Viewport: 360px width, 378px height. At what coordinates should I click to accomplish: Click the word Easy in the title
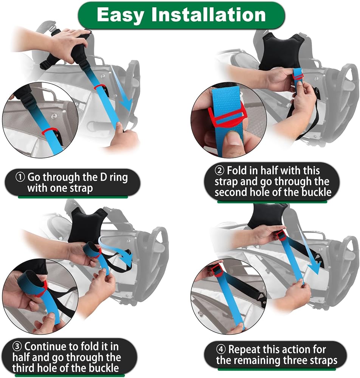coord(120,15)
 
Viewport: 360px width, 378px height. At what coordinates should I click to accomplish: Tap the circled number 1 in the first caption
coord(20,177)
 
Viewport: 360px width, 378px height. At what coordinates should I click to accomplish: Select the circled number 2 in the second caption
coord(219,171)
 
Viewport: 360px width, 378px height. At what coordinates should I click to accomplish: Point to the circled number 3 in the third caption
coord(17,347)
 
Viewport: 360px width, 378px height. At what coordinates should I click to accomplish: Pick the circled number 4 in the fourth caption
coord(220,350)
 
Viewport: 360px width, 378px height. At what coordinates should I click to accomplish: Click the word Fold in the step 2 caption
coord(237,171)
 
